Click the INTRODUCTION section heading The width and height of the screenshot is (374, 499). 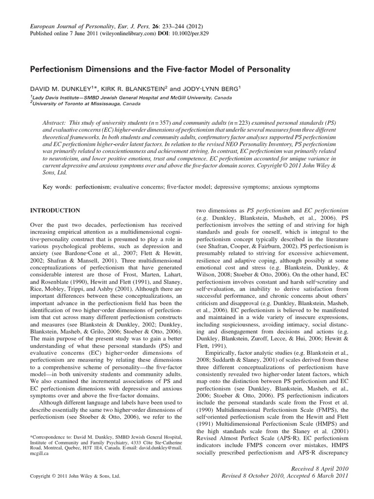[55, 211]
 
